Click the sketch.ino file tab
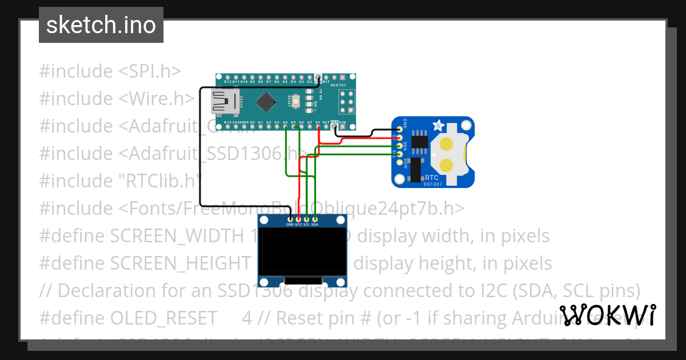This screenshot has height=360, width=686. pyautogui.click(x=101, y=25)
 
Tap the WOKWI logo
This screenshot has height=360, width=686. pyautogui.click(x=607, y=315)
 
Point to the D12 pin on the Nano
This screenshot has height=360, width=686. pyautogui.click(x=228, y=77)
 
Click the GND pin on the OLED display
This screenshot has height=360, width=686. pyautogui.click(x=290, y=219)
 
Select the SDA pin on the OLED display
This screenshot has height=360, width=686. pyautogui.click(x=314, y=219)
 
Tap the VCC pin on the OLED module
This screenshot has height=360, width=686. pyautogui.click(x=298, y=219)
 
